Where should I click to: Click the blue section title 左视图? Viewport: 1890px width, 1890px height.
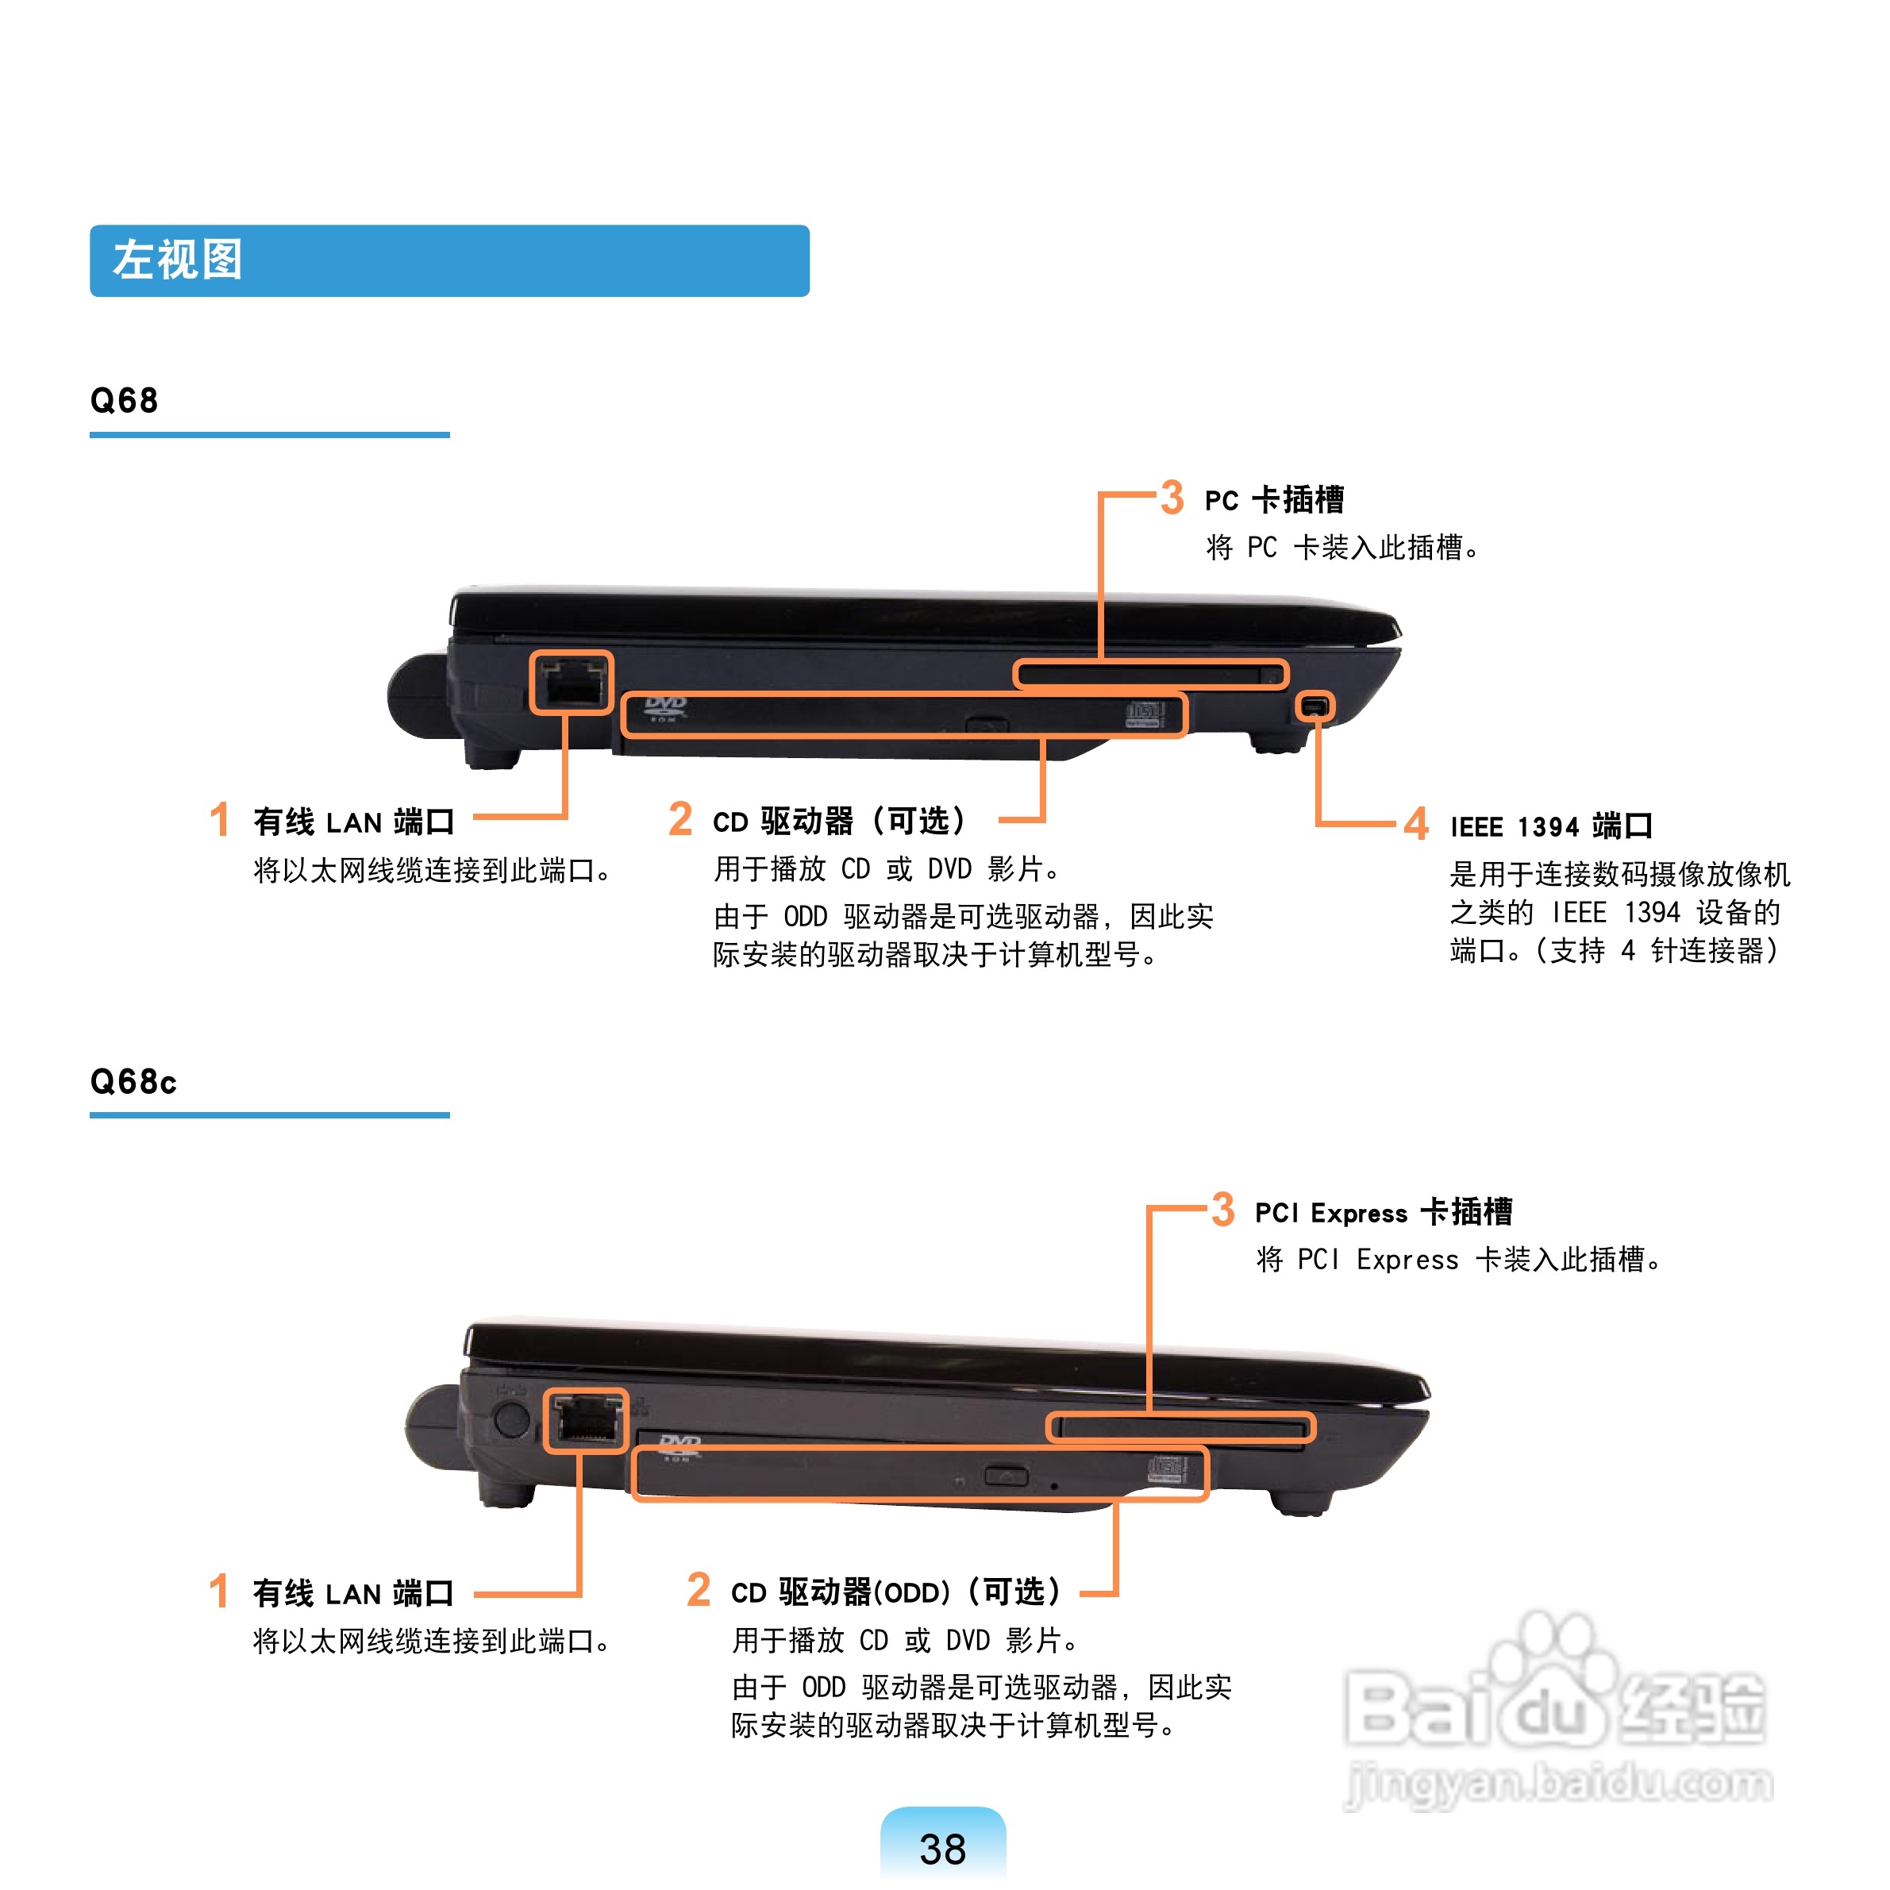click(x=177, y=260)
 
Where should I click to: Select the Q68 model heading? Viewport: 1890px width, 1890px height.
click(x=125, y=400)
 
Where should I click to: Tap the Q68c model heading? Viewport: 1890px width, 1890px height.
click(x=133, y=1081)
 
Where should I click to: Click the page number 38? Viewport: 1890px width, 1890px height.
click(x=943, y=1849)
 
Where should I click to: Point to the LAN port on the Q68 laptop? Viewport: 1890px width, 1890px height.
click(x=572, y=682)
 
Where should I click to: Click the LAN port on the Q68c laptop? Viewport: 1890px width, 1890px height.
click(x=586, y=1420)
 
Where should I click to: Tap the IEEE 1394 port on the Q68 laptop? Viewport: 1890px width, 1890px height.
click(x=1315, y=706)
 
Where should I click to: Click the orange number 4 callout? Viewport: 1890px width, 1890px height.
click(x=1415, y=824)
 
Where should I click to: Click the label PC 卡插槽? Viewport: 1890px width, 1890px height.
click(x=1274, y=500)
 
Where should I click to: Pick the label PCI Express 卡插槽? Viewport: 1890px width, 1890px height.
click(x=1384, y=1212)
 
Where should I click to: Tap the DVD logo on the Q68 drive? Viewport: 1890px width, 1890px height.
click(x=665, y=708)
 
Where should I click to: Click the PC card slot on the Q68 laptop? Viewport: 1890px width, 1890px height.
click(x=1150, y=674)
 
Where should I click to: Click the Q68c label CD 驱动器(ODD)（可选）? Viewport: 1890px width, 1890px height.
click(x=895, y=1592)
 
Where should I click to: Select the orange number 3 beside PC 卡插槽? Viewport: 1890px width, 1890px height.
click(x=1172, y=497)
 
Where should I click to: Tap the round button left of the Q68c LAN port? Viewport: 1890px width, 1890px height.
click(x=509, y=1418)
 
